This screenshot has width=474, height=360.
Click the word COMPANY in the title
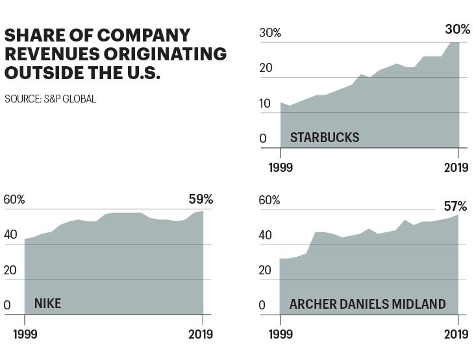pos(143,35)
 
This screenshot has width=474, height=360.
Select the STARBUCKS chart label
pos(325,138)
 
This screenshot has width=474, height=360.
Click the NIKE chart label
pos(48,304)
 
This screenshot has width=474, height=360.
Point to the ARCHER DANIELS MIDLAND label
pos(368,304)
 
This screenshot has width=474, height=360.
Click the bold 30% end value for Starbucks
pos(457,29)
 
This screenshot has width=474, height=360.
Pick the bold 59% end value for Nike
pos(201,199)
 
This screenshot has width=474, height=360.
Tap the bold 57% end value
pos(455,206)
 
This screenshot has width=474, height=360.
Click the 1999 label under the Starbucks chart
pos(281,167)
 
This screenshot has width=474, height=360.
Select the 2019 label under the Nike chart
pos(201,334)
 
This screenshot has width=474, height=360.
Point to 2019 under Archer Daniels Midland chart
pos(456,334)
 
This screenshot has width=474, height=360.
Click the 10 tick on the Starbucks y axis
pos(265,104)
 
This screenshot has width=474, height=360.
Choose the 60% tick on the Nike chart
pos(14,200)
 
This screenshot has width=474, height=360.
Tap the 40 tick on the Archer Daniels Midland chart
pos(265,235)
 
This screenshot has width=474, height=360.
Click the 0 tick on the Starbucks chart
pos(263,139)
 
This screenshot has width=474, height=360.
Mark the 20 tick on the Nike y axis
pos(10,270)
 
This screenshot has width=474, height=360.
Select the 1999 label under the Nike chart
pos(25,334)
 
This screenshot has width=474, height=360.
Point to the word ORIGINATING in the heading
pos(165,54)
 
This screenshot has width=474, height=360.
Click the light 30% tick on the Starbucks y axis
pos(270,32)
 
